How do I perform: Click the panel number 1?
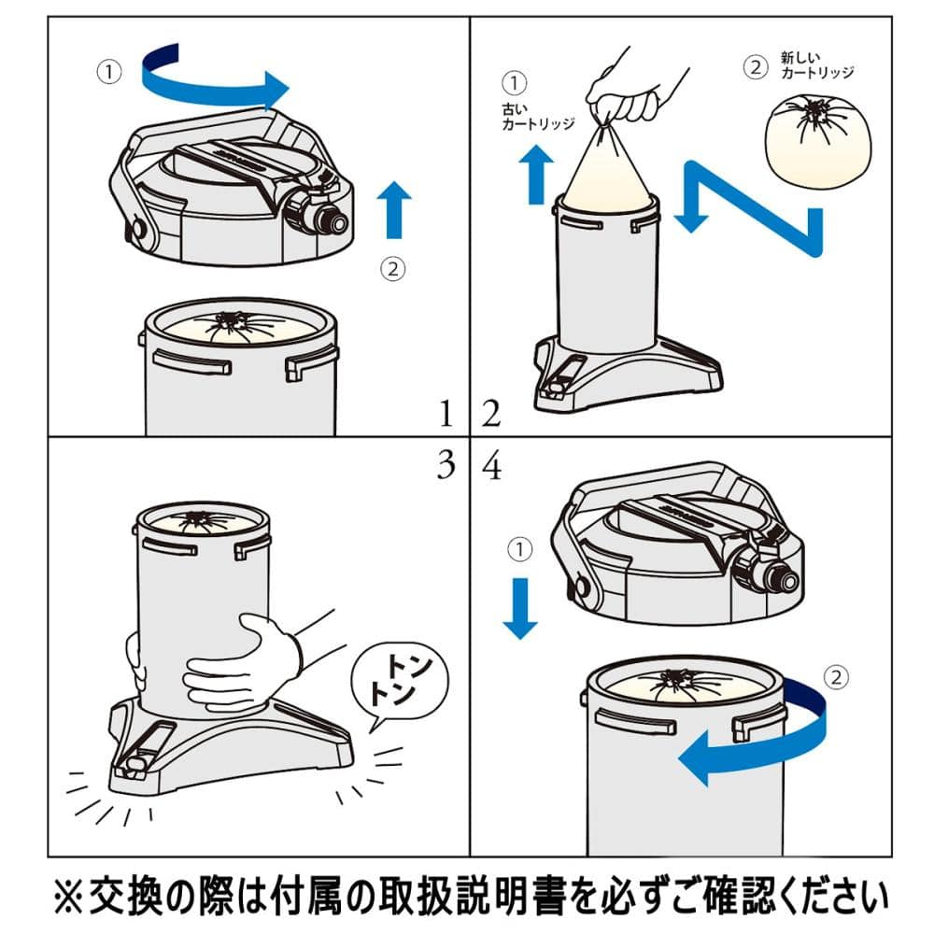click(x=448, y=412)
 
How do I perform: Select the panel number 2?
click(x=491, y=412)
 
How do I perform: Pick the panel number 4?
click(x=491, y=465)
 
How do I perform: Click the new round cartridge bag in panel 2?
click(x=817, y=137)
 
